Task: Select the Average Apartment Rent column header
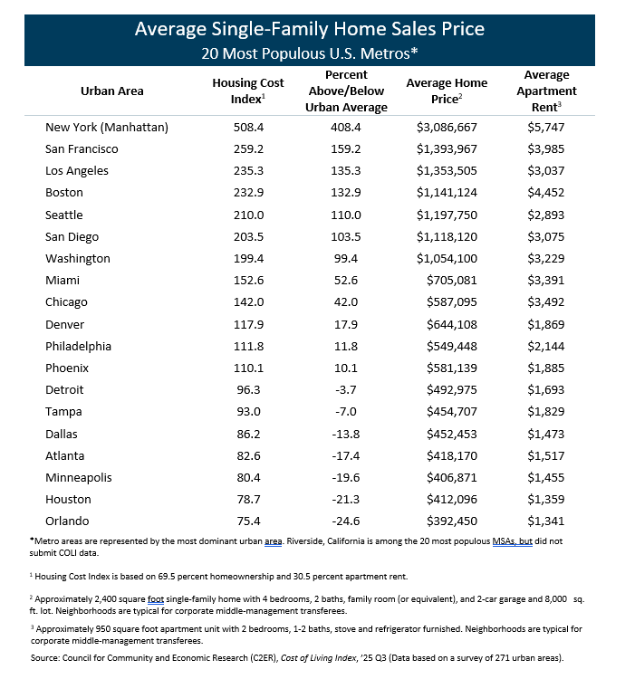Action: point(546,91)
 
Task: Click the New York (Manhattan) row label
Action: point(107,127)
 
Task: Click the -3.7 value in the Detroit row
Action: point(348,389)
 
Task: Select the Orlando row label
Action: point(68,521)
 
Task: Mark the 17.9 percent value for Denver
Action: point(348,324)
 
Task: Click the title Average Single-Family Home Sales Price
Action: point(309,29)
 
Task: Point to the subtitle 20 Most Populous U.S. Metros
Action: point(309,53)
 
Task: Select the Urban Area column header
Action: point(112,91)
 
